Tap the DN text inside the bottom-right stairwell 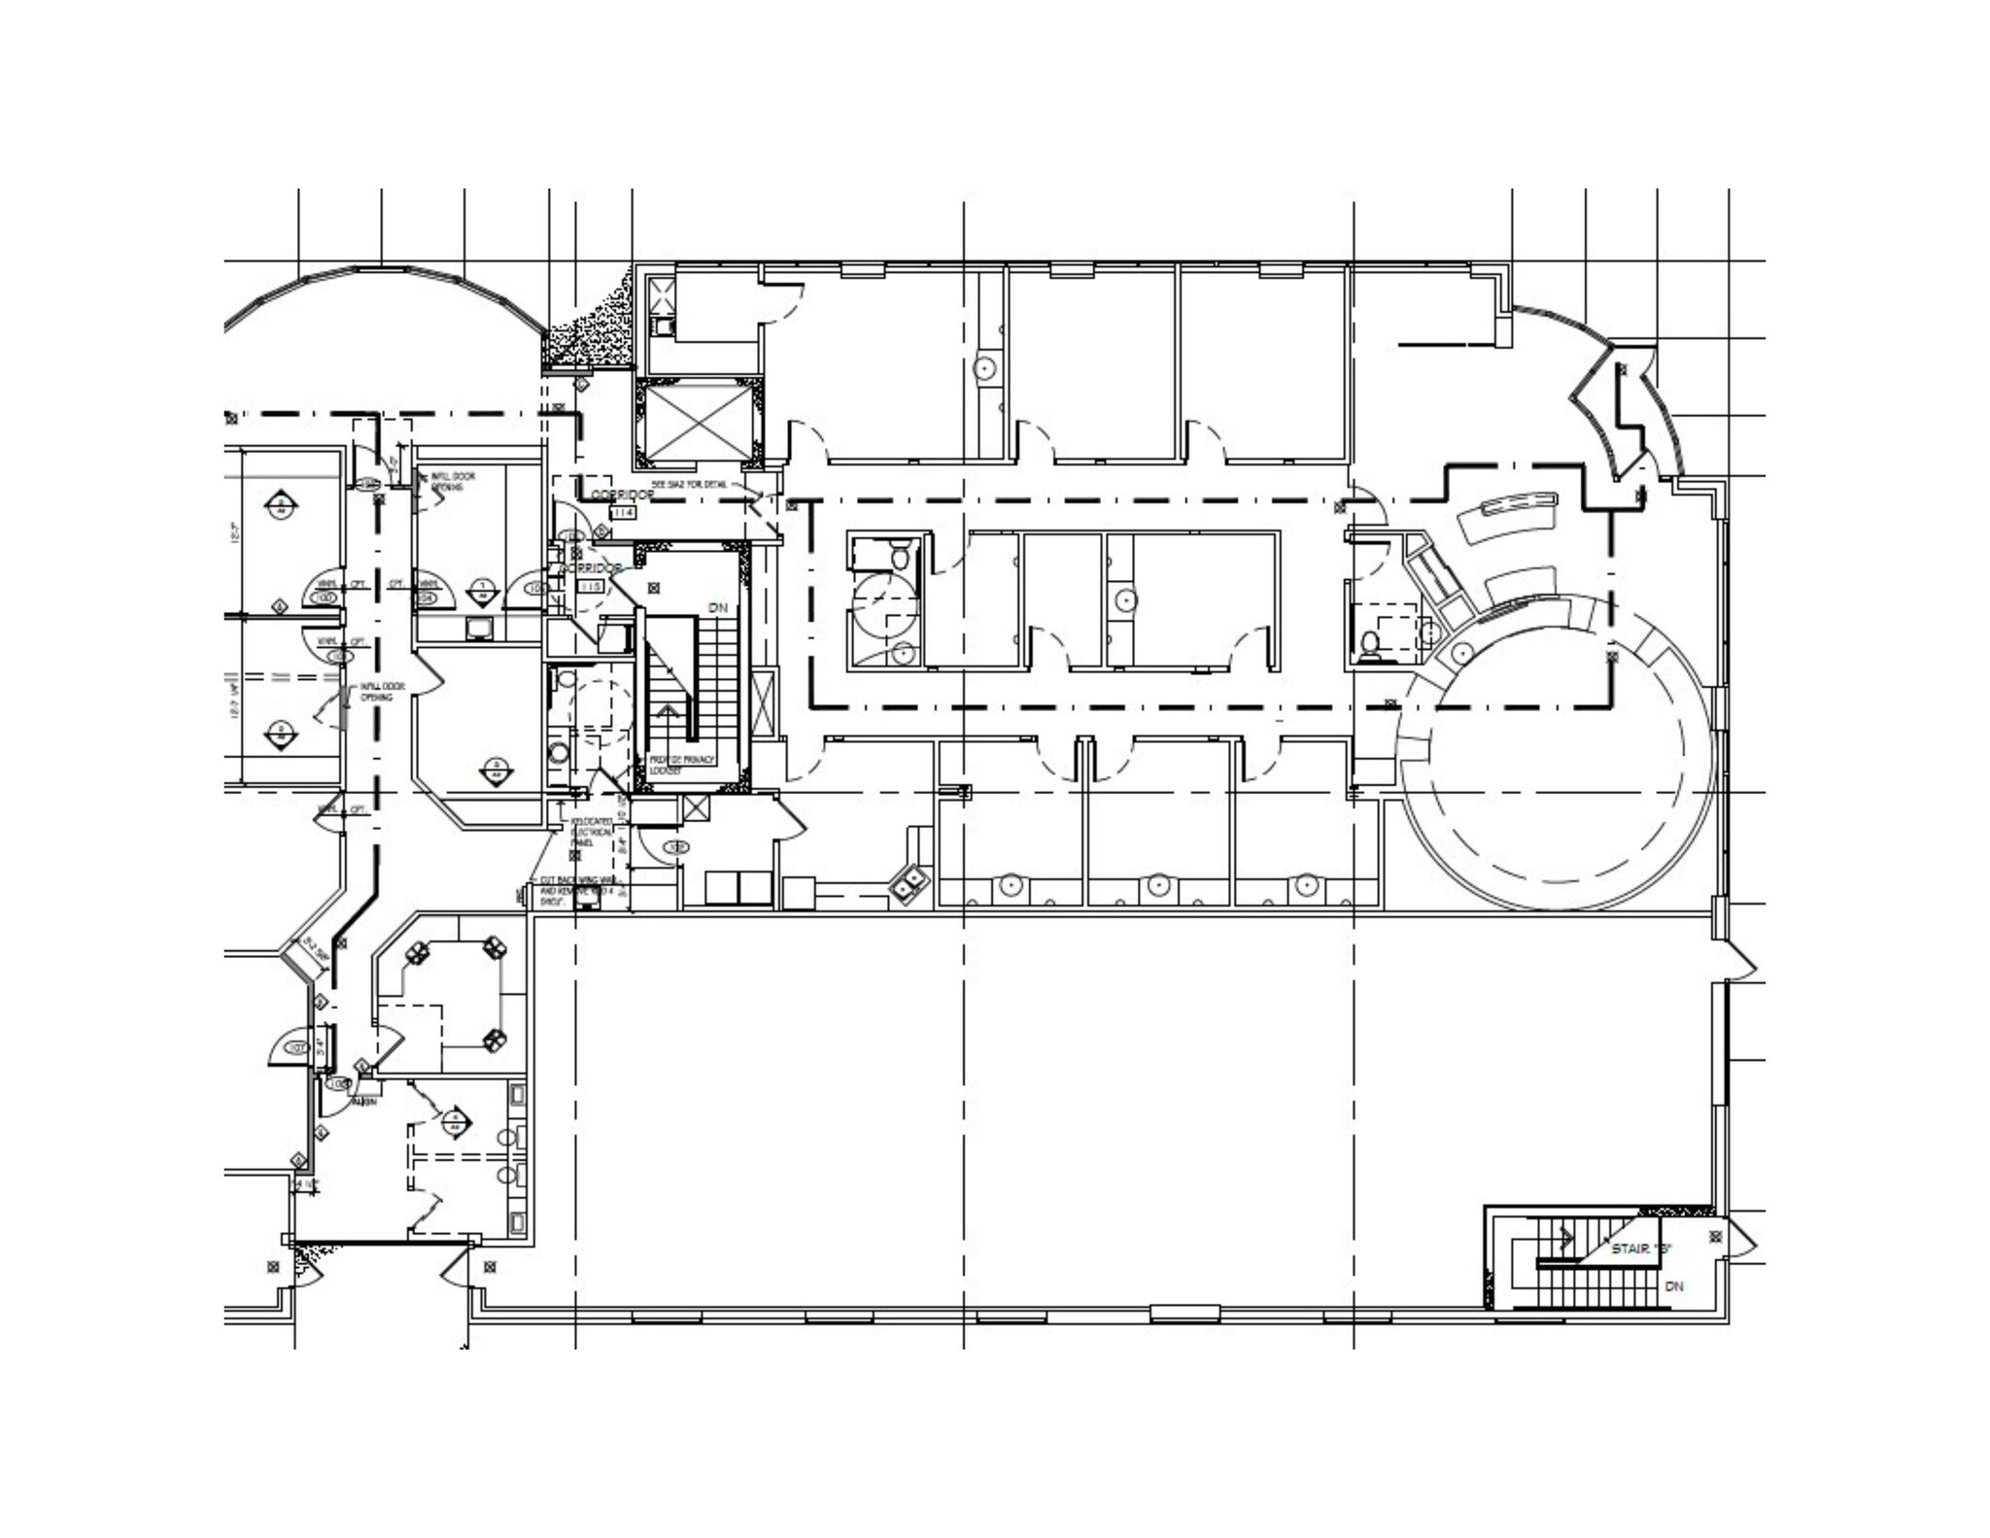point(1673,1286)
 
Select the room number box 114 point(621,512)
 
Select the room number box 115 point(590,587)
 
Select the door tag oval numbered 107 point(297,1047)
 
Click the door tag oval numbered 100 point(326,596)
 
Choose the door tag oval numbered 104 point(426,597)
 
